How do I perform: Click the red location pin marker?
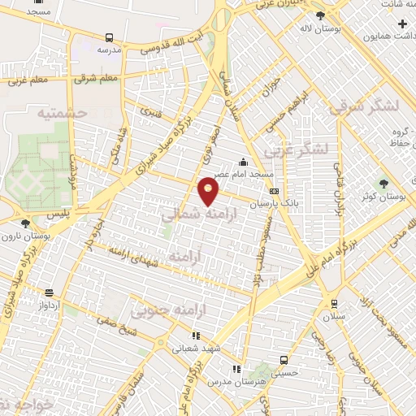pos(209,191)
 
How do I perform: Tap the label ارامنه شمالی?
pos(190,215)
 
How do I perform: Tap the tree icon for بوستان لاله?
pos(320,15)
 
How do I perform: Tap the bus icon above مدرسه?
pos(109,37)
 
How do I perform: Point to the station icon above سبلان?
pos(333,304)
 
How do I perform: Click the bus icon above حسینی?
pos(284,360)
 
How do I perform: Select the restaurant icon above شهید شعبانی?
pos(195,335)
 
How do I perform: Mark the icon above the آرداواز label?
pos(50,292)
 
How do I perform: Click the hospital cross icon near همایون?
pos(402,24)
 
